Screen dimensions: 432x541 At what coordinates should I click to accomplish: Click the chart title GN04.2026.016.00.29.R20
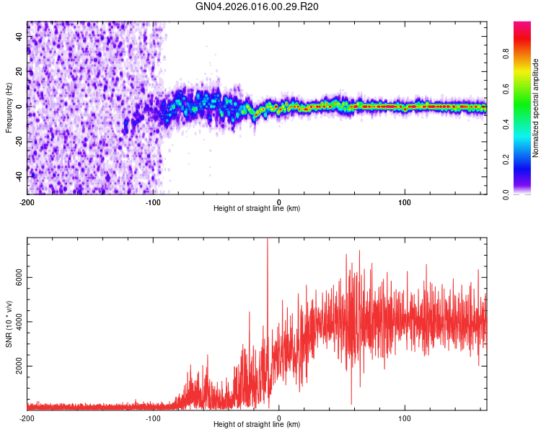pyautogui.click(x=258, y=6)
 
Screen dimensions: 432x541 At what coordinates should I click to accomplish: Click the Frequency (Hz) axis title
pyautogui.click(x=9, y=108)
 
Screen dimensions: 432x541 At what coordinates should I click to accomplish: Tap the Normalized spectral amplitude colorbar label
pyautogui.click(x=536, y=109)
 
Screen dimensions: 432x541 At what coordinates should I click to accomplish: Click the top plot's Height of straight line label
pyautogui.click(x=257, y=209)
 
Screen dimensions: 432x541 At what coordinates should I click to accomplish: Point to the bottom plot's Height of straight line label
pyautogui.click(x=257, y=425)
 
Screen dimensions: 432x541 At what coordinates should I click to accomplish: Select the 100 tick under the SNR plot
pyautogui.click(x=405, y=418)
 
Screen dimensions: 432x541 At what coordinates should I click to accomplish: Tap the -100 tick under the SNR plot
pyautogui.click(x=153, y=418)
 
